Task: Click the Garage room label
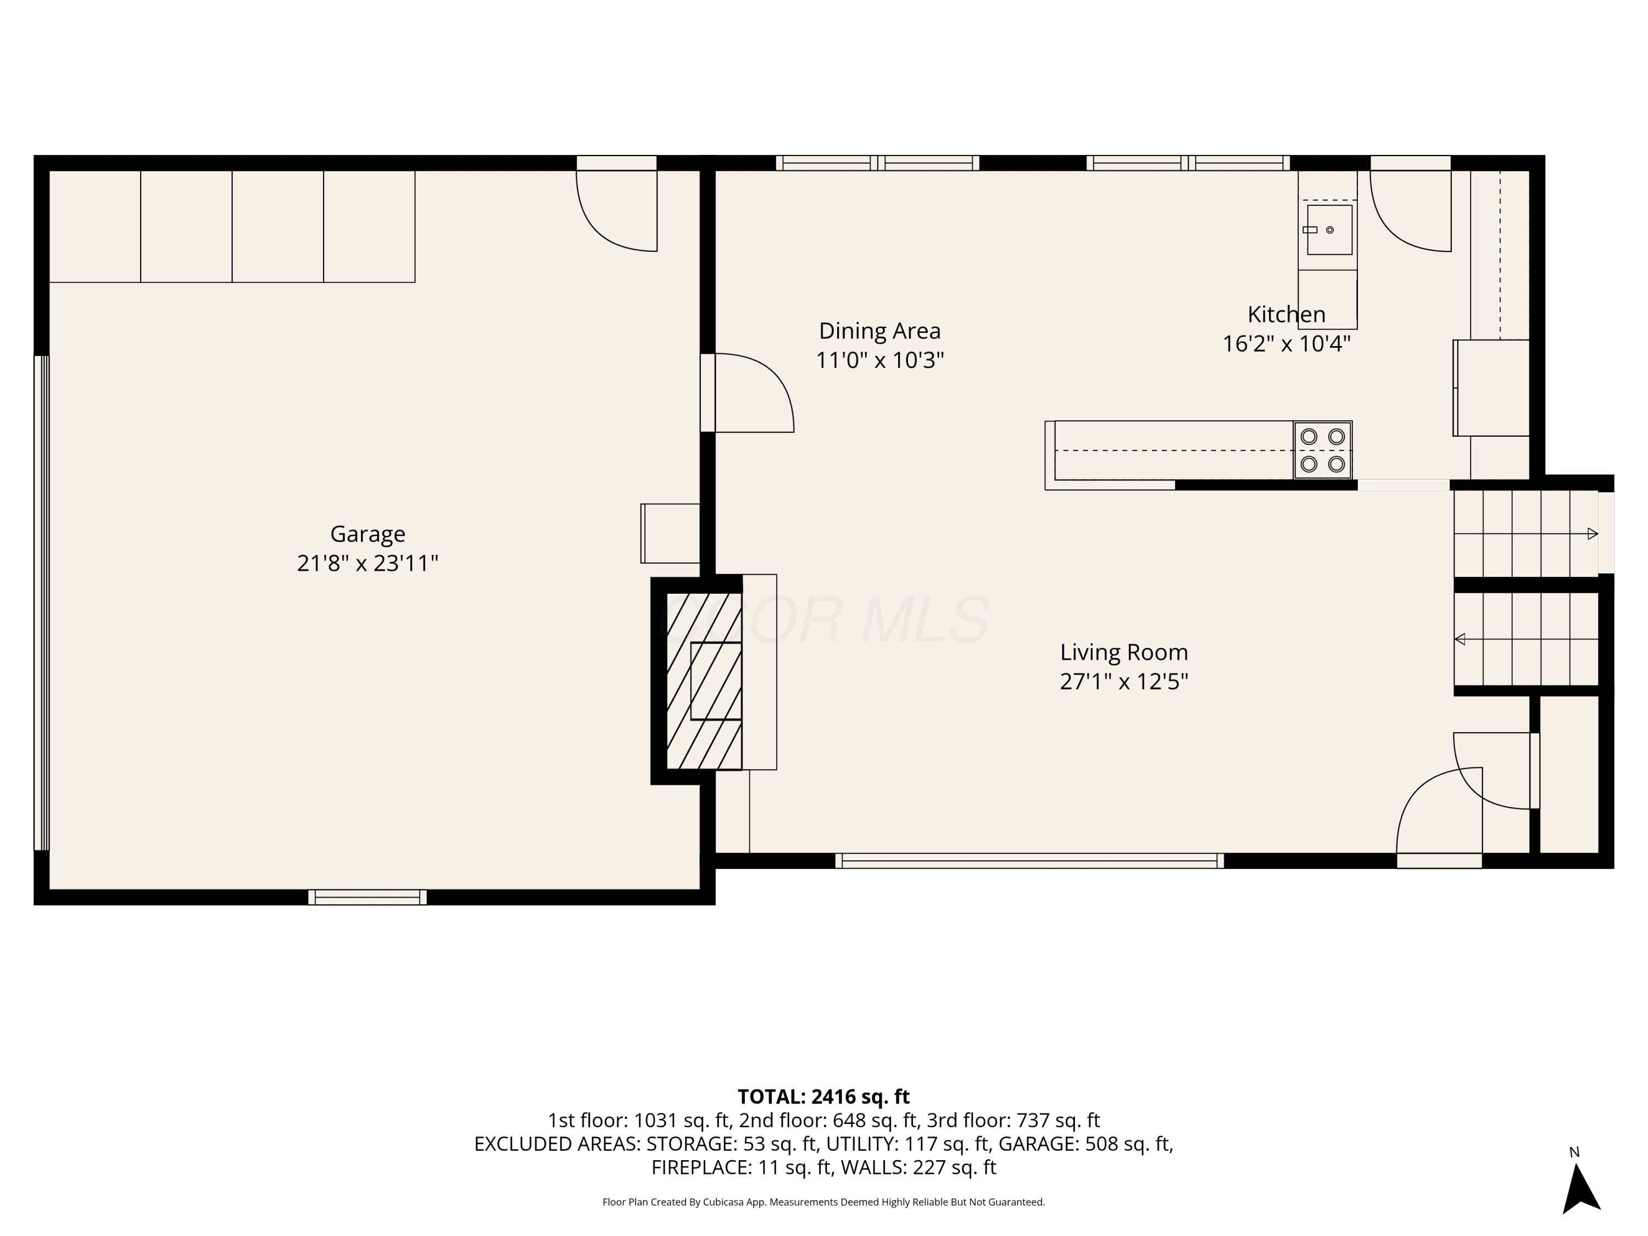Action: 368,534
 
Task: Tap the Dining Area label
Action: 880,331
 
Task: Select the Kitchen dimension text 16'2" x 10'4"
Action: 1287,343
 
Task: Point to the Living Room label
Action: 1124,653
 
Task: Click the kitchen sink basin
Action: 1330,230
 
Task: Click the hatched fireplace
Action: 704,681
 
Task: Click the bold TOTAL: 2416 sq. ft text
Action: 823,1096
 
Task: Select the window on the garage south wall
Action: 368,897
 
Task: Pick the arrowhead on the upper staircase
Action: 1593,533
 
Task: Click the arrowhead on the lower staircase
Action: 1460,639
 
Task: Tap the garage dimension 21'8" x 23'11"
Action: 368,563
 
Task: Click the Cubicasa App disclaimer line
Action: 823,1202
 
